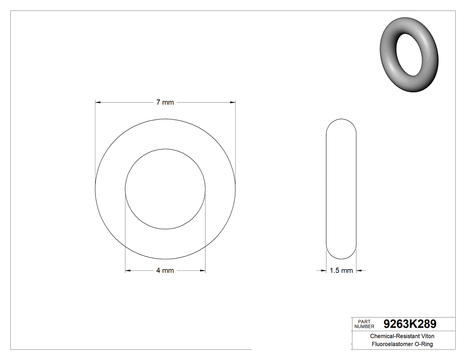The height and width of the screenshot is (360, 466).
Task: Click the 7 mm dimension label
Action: click(165, 103)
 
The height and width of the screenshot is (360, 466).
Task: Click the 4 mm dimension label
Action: click(165, 271)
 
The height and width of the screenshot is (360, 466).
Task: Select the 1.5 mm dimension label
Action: click(341, 270)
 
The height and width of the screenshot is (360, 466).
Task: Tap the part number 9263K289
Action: click(409, 324)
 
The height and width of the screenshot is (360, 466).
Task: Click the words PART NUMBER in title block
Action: click(364, 324)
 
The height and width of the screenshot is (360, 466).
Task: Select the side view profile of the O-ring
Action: click(341, 189)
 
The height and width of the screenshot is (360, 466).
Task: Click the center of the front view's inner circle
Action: click(165, 189)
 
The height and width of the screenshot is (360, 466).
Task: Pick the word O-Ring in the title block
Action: click(424, 344)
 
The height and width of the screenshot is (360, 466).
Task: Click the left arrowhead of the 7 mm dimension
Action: click(98, 103)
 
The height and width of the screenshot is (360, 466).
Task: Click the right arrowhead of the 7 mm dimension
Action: click(232, 103)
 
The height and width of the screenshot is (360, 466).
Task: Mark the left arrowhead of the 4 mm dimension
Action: click(128, 271)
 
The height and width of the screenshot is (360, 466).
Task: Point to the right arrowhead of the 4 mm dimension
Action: click(202, 271)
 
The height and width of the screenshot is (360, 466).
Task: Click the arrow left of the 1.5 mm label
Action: click(323, 270)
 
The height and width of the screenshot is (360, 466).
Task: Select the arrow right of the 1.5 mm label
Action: click(359, 270)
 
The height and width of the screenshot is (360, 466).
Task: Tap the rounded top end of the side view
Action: click(341, 122)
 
